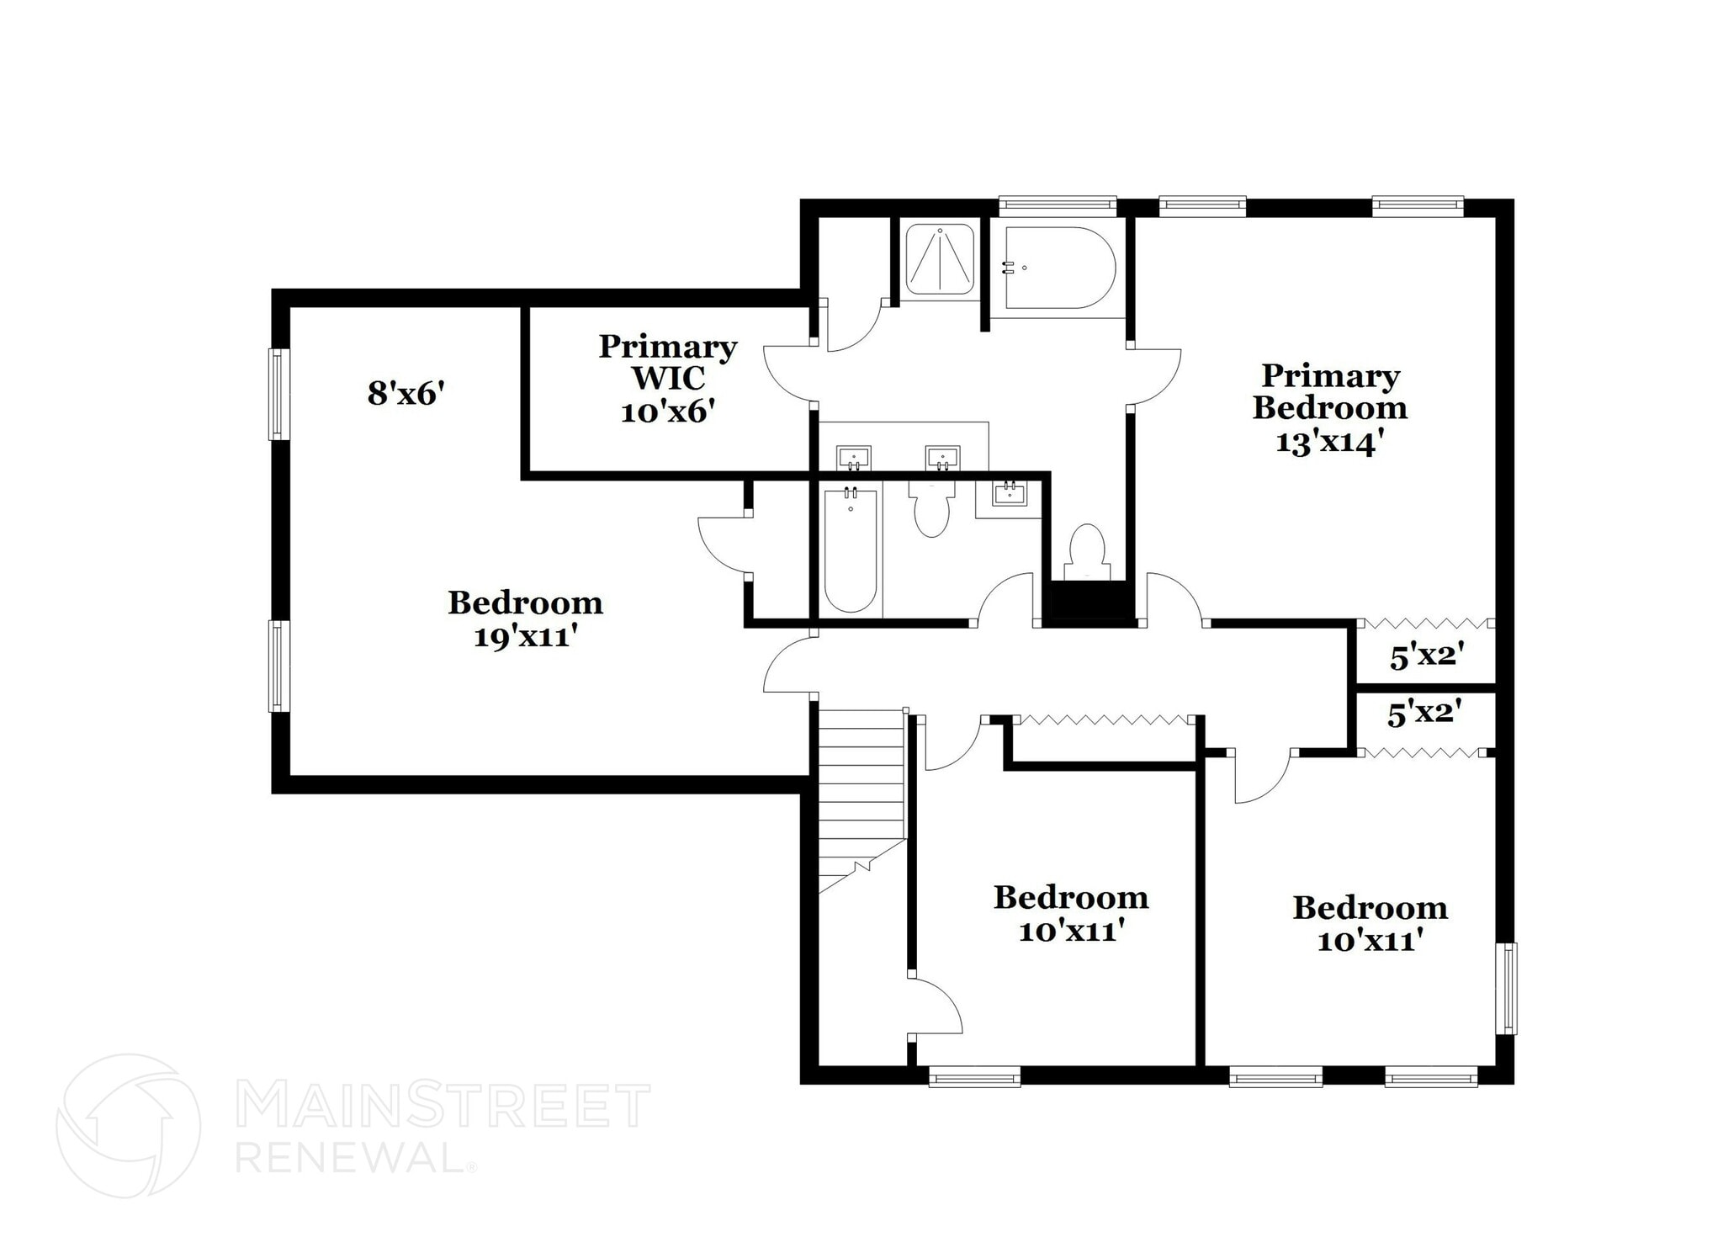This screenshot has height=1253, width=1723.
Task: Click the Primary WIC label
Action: pos(667,362)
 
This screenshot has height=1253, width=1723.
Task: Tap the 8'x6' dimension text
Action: pos(406,393)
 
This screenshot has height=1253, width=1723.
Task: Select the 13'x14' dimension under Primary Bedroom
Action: pos(1329,443)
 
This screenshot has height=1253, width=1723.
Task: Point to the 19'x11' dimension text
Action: pos(525,636)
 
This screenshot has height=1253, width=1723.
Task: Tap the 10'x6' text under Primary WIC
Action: pos(667,411)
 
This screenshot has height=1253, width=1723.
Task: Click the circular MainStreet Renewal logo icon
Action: pos(129,1125)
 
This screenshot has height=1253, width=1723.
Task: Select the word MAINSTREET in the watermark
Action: pos(443,1106)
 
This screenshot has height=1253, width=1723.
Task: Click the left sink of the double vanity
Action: pos(853,459)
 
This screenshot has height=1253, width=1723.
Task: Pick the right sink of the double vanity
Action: pos(942,459)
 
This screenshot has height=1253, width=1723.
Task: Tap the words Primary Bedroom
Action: pos(1329,391)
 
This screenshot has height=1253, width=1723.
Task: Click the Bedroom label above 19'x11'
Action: pos(525,603)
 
